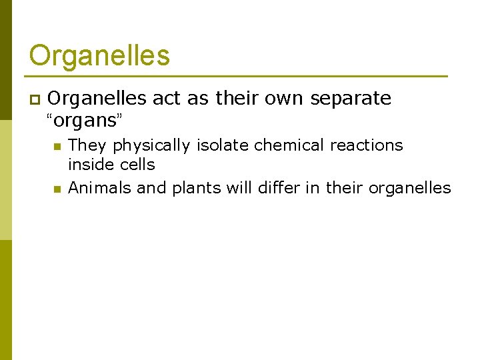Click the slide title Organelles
coord(99,55)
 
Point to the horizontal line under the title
coord(238,76)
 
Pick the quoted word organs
coord(85,121)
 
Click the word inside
coord(90,164)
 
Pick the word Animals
coord(100,188)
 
